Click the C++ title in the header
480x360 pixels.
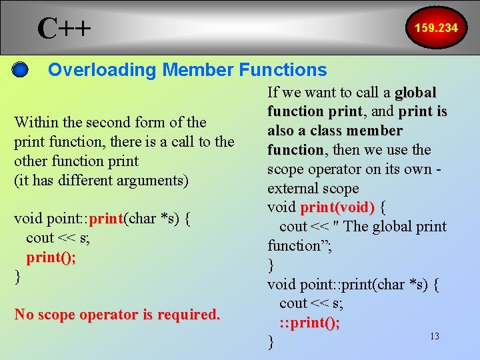tap(64, 28)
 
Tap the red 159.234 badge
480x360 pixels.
tap(436, 28)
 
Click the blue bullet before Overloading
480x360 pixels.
tap(21, 69)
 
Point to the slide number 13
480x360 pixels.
tap(434, 336)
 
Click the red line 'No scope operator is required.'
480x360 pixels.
tap(117, 314)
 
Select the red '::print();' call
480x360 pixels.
tap(309, 323)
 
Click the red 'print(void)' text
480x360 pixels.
tap(337, 207)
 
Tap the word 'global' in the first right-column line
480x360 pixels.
tap(415, 92)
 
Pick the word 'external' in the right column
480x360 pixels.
tap(294, 188)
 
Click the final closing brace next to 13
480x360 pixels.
tap(271, 342)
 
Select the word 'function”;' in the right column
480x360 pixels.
tap(299, 245)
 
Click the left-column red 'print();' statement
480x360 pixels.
tap(51, 257)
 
